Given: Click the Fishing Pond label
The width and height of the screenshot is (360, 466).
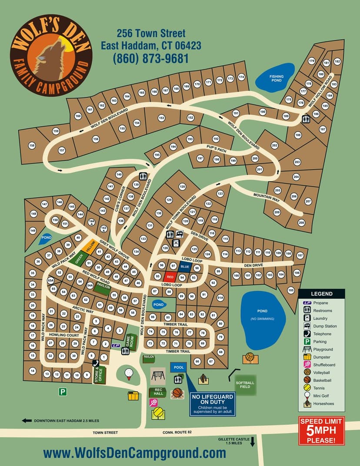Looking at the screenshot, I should (x=276, y=79).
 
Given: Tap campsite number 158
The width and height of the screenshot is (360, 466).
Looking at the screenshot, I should (x=31, y=145).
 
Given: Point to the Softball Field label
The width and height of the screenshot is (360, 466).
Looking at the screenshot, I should (x=245, y=385).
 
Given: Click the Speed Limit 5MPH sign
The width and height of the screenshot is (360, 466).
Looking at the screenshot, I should (x=321, y=431).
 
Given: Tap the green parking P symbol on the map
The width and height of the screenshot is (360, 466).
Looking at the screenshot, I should (x=63, y=392).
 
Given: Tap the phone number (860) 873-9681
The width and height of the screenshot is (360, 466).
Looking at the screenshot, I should (x=151, y=58).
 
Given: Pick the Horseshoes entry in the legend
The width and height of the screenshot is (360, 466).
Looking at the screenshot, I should (x=322, y=404).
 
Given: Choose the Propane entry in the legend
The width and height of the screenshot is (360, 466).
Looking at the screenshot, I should (x=320, y=303).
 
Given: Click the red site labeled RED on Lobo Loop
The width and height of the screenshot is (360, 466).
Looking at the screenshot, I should (x=170, y=277).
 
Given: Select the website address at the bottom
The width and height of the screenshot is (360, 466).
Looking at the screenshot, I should (x=135, y=453).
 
